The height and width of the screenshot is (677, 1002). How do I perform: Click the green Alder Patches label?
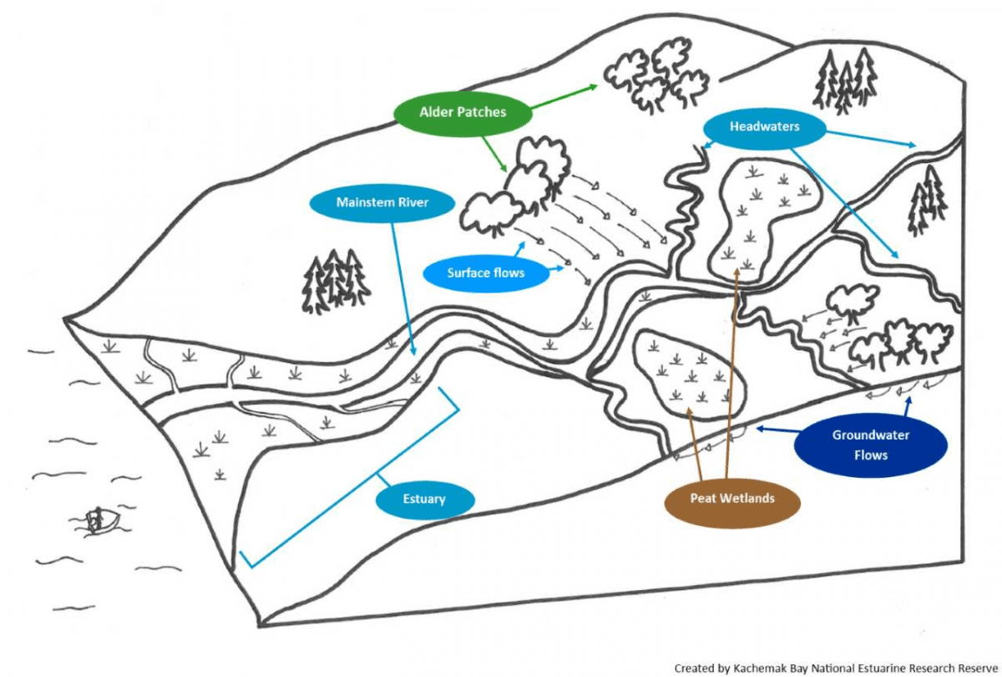(463, 111)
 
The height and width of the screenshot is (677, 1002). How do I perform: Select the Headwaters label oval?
(764, 127)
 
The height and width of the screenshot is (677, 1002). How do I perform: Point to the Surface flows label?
(486, 272)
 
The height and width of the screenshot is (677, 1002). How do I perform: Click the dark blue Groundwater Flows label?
(871, 445)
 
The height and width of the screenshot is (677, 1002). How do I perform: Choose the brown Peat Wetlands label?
(731, 499)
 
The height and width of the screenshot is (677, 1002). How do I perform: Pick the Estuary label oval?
(424, 500)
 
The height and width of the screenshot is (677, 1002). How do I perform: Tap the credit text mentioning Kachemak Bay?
(835, 668)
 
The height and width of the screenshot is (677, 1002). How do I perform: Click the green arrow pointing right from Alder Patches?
(564, 96)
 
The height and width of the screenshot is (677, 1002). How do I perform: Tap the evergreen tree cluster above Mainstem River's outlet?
(335, 280)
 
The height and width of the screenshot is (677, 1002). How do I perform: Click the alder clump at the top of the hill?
(656, 75)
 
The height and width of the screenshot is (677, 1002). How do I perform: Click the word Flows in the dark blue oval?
(871, 456)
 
